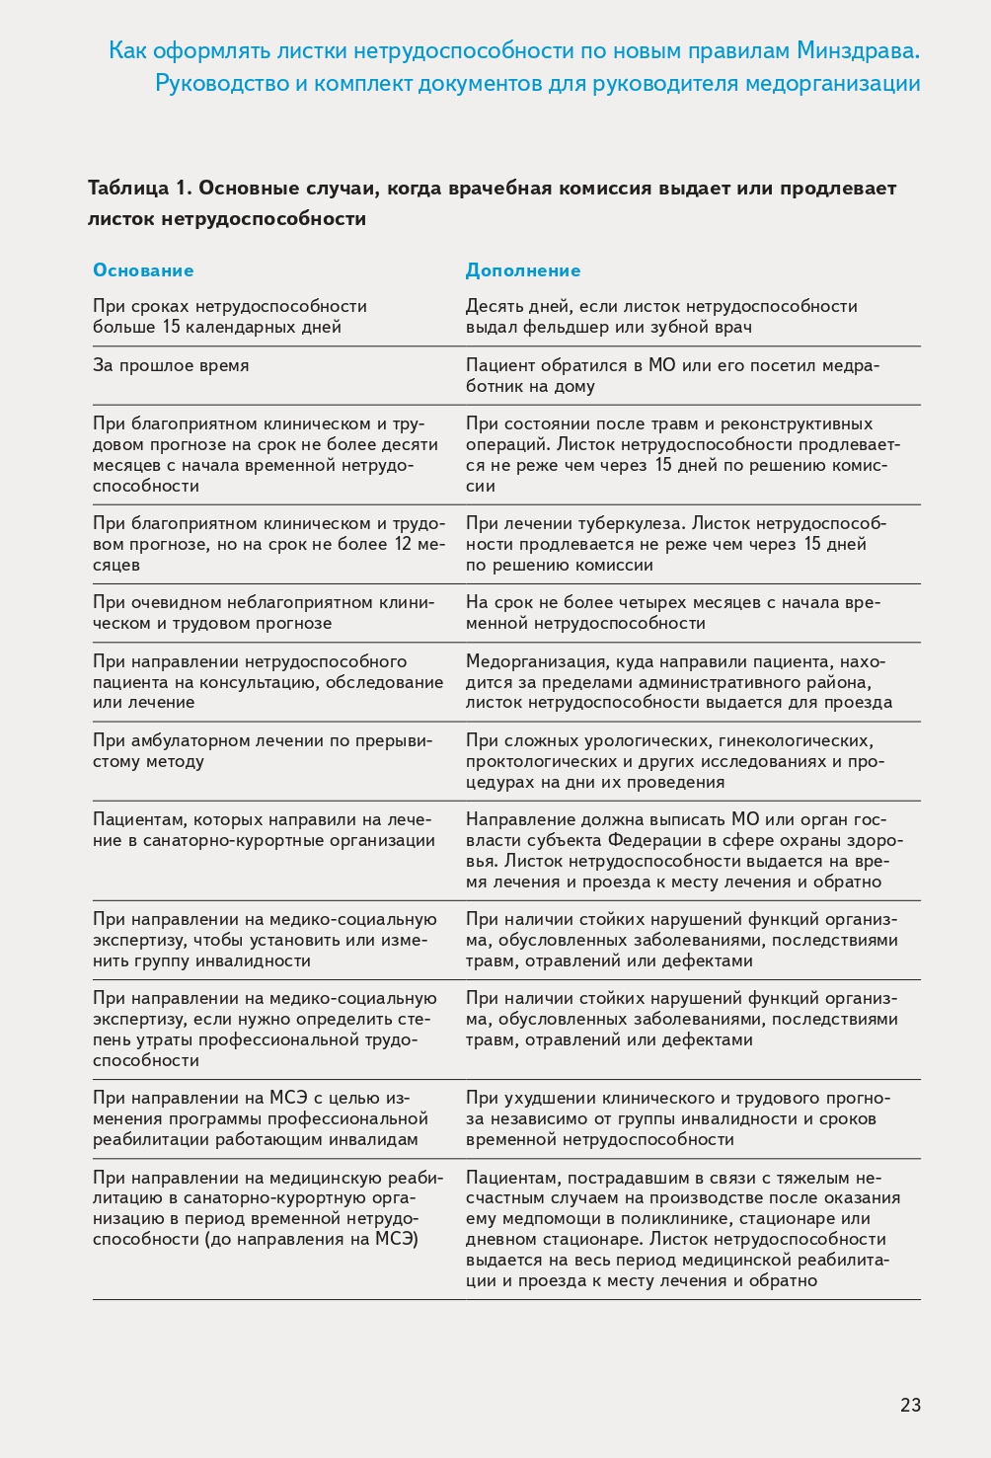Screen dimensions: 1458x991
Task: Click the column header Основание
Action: point(143,270)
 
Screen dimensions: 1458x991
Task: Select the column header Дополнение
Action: point(523,270)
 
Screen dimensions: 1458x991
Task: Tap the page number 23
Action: point(910,1405)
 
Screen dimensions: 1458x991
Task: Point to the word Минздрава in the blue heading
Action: point(858,50)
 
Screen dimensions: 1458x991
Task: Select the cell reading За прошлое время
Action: point(171,365)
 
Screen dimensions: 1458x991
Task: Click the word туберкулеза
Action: point(629,523)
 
